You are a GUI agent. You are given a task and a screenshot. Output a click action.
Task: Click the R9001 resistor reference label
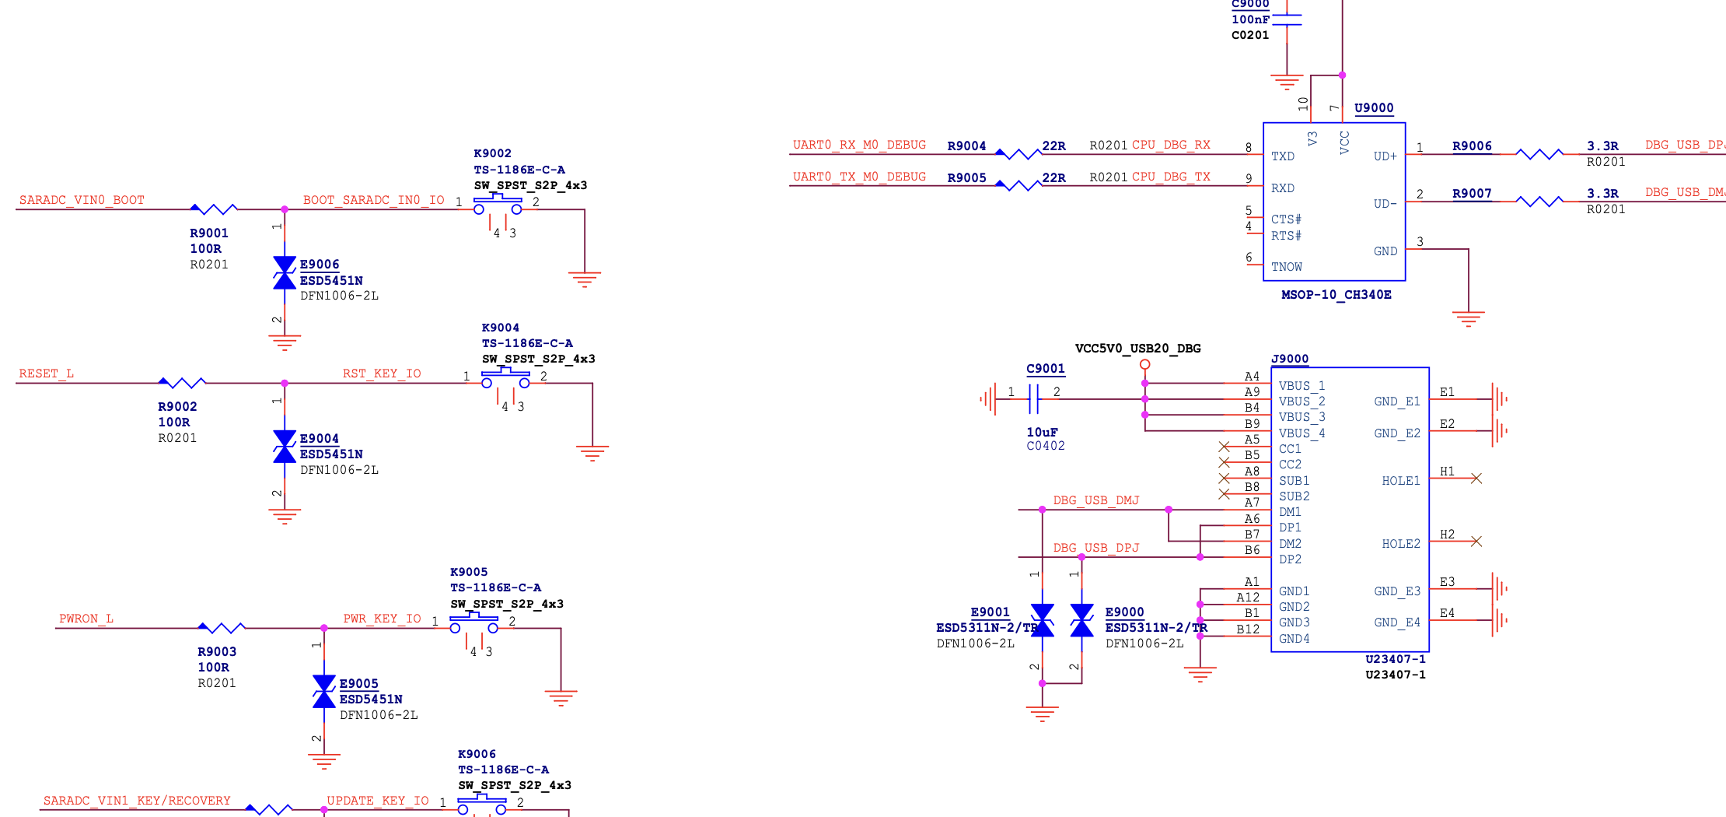point(209,233)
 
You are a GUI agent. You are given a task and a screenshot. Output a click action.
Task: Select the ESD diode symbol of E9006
point(285,273)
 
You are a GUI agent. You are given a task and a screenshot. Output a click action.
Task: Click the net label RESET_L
point(47,373)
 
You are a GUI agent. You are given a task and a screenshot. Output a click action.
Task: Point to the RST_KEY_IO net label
point(382,373)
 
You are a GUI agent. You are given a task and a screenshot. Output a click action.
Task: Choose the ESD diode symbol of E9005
point(324,692)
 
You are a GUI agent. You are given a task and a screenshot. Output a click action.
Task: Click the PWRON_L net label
point(86,619)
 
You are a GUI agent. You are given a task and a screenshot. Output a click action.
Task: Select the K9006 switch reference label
point(477,754)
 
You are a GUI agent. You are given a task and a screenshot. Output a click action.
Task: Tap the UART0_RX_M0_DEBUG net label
point(859,145)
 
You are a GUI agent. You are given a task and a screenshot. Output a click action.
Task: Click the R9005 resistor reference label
point(966,177)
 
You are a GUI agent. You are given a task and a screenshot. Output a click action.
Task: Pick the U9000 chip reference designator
point(1374,108)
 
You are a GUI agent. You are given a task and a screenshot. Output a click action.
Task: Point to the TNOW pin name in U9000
point(1287,267)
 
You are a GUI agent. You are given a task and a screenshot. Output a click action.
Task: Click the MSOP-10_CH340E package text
point(1336,295)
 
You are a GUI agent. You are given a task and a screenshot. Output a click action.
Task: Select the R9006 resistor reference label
point(1472,146)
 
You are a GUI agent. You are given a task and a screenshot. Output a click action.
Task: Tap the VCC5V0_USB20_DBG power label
point(1138,348)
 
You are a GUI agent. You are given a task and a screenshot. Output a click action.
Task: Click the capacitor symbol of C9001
point(1033,399)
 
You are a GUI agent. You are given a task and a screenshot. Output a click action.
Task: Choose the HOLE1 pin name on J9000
point(1401,481)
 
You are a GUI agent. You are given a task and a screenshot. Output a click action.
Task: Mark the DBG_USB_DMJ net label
point(1096,500)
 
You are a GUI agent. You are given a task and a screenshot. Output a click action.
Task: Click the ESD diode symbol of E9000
point(1081,620)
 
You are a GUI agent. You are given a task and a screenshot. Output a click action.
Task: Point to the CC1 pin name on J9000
point(1290,449)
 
